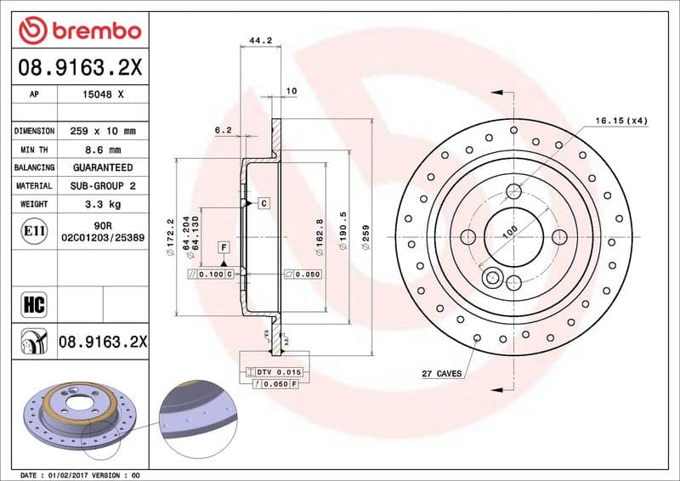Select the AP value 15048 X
click(101, 95)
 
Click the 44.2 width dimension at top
click(259, 39)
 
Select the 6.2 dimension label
click(224, 130)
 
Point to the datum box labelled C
click(264, 203)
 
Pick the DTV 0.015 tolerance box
click(277, 372)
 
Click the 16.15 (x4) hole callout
click(620, 121)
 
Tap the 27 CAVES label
click(441, 373)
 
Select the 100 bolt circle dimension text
click(509, 229)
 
